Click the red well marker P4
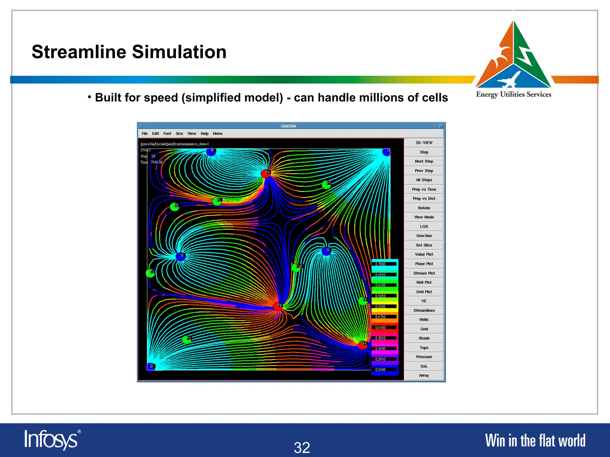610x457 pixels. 266,173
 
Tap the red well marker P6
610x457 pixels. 278,306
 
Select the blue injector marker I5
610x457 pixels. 180,256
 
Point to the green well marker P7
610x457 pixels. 326,185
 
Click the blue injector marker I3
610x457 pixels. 326,251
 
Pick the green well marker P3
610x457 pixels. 187,339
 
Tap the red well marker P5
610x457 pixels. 363,345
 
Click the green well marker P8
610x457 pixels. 175,207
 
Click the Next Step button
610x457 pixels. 424,161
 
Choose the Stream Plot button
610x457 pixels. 424,273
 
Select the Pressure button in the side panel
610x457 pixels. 424,357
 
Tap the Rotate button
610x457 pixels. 424,208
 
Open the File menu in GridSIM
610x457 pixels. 145,134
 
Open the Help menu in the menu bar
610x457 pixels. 204,134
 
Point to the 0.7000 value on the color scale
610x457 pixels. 380,264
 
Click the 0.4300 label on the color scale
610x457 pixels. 380,328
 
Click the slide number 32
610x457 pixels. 302,447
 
